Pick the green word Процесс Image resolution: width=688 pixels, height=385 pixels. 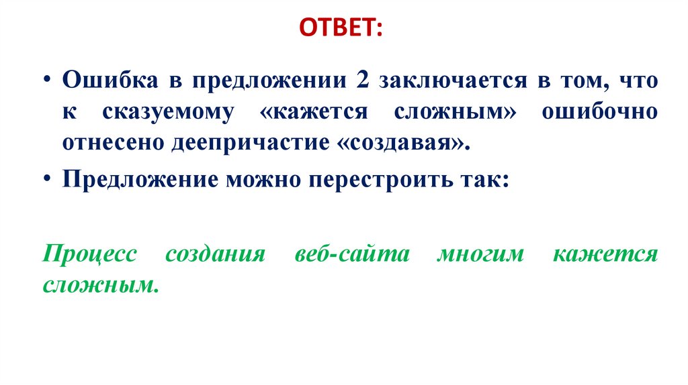point(89,256)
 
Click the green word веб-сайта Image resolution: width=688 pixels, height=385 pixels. point(351,256)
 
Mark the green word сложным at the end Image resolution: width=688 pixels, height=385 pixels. point(101,286)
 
